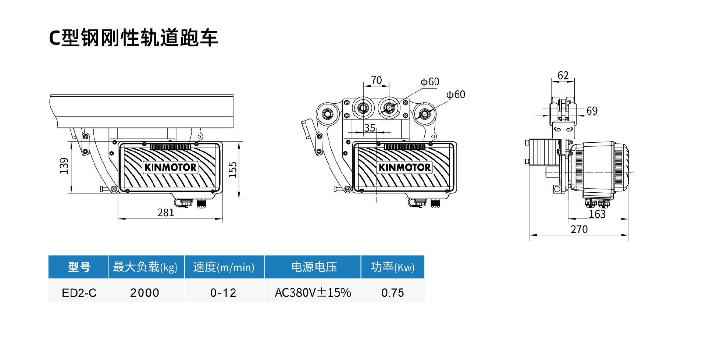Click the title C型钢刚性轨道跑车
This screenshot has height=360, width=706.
(133, 38)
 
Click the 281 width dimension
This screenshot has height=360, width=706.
(165, 213)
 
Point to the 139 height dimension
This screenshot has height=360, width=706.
(64, 166)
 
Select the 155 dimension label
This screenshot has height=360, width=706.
(233, 170)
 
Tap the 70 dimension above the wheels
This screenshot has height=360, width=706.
(376, 80)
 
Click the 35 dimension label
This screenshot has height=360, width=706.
(370, 128)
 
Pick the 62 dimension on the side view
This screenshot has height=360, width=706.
(563, 75)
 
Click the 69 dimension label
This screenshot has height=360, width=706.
(592, 111)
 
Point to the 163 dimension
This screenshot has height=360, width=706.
(597, 214)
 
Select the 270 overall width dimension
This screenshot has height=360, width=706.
(579, 229)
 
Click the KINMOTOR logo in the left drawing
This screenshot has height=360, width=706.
(170, 167)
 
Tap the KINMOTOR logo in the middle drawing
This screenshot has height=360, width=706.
(404, 167)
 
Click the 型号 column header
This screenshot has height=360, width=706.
(79, 267)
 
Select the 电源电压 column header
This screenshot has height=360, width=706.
(314, 267)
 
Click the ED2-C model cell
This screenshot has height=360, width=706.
(79, 293)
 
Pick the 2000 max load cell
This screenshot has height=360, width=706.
(145, 293)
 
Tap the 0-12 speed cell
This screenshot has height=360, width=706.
(223, 293)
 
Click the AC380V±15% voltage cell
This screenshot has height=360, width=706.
(313, 293)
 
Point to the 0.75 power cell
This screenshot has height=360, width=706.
(392, 293)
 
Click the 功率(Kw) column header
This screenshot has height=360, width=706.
(392, 267)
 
